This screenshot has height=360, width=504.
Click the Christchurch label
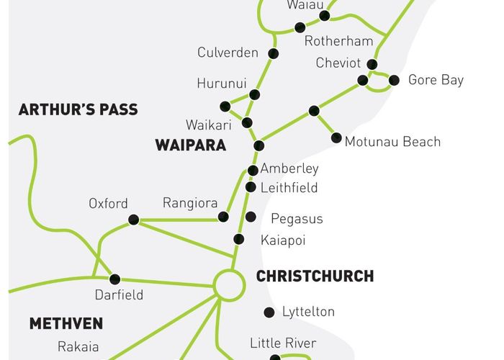315,276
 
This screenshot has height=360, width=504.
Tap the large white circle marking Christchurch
230,285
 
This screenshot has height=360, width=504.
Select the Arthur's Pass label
78,110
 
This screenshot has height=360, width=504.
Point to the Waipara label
190,145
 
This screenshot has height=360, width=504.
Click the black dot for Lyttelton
269,312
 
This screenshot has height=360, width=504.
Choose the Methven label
66,323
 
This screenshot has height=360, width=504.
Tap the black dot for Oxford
133,220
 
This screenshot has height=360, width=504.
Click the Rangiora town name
190,203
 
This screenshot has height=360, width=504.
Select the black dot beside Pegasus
251,217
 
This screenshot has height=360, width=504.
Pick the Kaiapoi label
283,240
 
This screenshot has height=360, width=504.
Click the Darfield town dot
114,279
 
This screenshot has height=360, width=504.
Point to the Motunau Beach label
392,142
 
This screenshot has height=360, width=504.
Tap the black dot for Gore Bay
394,80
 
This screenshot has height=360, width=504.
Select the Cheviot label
338,63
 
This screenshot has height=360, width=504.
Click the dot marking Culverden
273,53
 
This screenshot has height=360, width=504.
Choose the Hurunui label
222,84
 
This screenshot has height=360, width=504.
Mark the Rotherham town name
338,41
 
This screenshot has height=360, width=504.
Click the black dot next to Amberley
253,171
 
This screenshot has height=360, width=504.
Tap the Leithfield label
289,188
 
